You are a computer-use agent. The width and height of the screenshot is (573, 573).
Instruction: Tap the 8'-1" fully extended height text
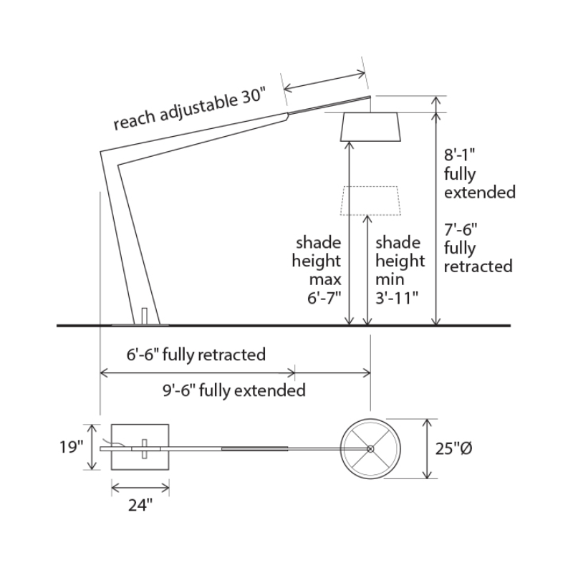click(479, 173)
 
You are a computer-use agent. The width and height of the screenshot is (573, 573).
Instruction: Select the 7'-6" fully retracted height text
click(478, 248)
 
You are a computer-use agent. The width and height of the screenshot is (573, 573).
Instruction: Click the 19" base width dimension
click(72, 448)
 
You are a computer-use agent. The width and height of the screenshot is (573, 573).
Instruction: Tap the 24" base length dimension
click(140, 506)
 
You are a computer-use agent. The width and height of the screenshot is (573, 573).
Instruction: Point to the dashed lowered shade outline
click(370, 201)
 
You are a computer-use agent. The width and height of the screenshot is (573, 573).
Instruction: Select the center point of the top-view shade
click(370, 449)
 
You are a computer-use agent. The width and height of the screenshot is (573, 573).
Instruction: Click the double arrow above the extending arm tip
click(325, 80)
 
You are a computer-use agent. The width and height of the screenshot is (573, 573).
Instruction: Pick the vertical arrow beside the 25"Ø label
click(428, 449)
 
